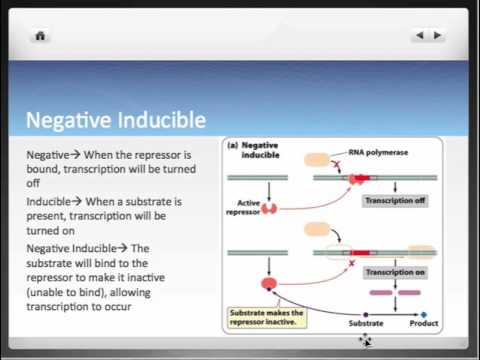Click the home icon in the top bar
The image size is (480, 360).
click(x=40, y=36)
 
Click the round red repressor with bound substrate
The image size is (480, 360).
click(x=269, y=284)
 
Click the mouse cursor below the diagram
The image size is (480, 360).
click(x=365, y=341)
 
